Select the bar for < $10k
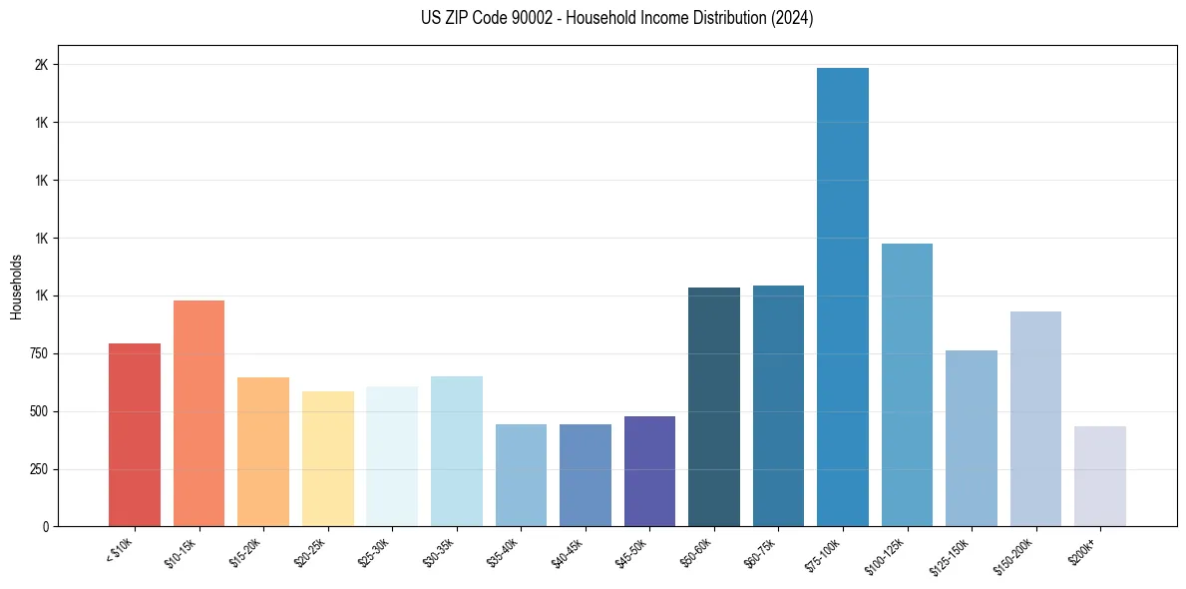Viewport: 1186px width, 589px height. point(135,434)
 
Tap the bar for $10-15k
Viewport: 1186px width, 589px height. point(198,413)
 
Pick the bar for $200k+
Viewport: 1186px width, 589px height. point(1099,476)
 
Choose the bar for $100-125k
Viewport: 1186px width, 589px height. point(907,384)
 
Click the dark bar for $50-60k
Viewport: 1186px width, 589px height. point(713,406)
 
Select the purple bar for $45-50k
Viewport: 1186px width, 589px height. point(649,471)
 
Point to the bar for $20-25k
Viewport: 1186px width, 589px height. point(327,458)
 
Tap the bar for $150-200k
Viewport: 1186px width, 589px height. point(1035,418)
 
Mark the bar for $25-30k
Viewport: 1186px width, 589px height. point(392,456)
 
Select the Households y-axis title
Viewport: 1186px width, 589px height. point(17,287)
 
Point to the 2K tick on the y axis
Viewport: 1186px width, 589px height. point(42,65)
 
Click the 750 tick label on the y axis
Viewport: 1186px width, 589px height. point(38,353)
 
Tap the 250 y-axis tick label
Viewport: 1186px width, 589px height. point(38,469)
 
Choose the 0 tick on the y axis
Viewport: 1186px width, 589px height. point(46,526)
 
